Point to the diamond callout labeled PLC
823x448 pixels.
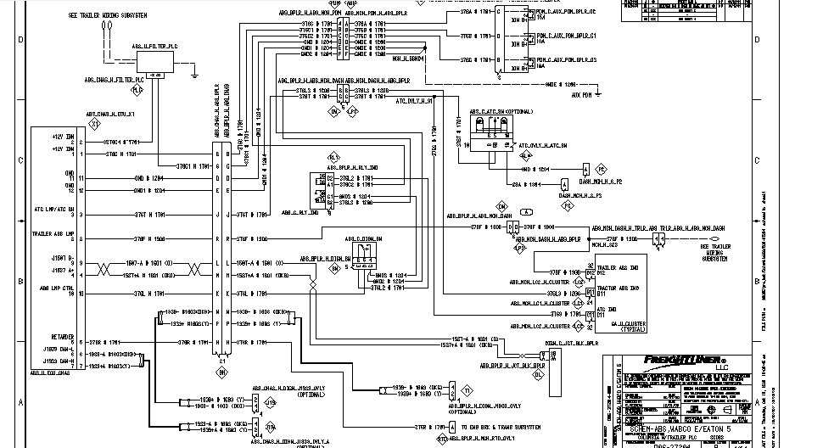click(137, 89)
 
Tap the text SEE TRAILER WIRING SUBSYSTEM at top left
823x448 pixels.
click(105, 16)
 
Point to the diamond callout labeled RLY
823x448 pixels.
click(333, 158)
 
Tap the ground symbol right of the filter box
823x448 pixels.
click(197, 77)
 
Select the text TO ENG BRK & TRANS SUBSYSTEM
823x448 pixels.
click(501, 427)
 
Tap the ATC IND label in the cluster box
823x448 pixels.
click(606, 310)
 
